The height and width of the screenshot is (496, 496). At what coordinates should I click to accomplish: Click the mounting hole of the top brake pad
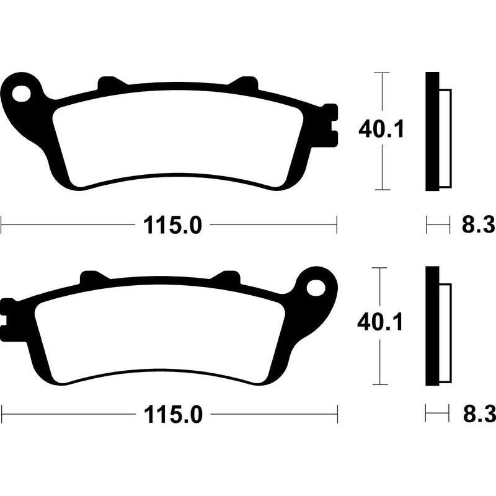click(22, 94)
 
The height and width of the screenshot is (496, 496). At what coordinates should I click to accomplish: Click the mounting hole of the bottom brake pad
click(316, 288)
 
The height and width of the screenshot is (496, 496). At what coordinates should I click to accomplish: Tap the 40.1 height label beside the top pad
click(381, 129)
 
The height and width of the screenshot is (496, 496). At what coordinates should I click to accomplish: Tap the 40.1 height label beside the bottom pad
click(380, 322)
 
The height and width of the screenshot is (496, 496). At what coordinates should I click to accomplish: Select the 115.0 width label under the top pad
click(172, 225)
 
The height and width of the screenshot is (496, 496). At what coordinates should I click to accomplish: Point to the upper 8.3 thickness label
click(478, 224)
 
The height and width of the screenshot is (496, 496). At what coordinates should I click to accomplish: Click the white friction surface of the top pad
click(178, 139)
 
